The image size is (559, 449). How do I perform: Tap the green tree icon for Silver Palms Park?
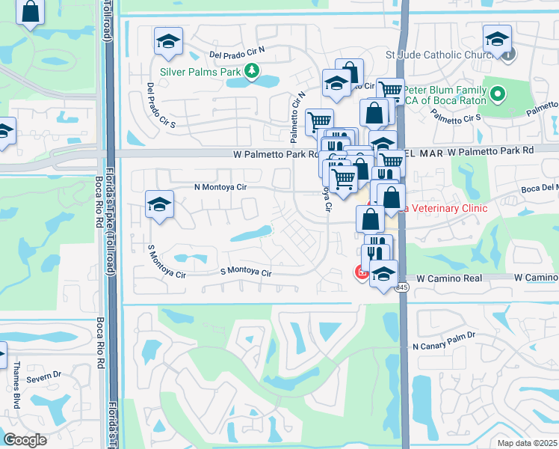pyautogui.click(x=253, y=72)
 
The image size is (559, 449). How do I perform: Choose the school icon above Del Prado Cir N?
pyautogui.click(x=169, y=41)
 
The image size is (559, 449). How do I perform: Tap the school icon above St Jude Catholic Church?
pyautogui.click(x=496, y=39)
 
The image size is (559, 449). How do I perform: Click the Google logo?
pyautogui.click(x=25, y=440)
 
